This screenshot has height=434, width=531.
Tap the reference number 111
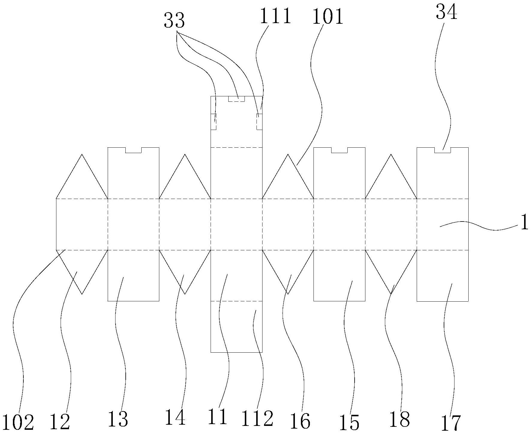[x=275, y=16]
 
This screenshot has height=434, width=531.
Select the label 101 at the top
[x=328, y=17]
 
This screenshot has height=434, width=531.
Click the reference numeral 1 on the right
[x=524, y=223]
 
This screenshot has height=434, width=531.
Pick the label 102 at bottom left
[x=18, y=423]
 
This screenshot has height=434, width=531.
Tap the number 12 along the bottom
[x=60, y=421]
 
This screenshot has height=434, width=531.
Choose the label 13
[x=118, y=419]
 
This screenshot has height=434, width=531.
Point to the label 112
[x=257, y=418]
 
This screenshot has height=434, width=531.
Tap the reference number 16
[x=300, y=421]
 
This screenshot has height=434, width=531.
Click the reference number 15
[x=350, y=423]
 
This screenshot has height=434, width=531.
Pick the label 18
[x=400, y=419]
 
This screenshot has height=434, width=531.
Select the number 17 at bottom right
[x=450, y=423]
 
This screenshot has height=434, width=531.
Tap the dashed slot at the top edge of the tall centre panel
[x=236, y=99]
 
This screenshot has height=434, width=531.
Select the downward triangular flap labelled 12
[x=82, y=267]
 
